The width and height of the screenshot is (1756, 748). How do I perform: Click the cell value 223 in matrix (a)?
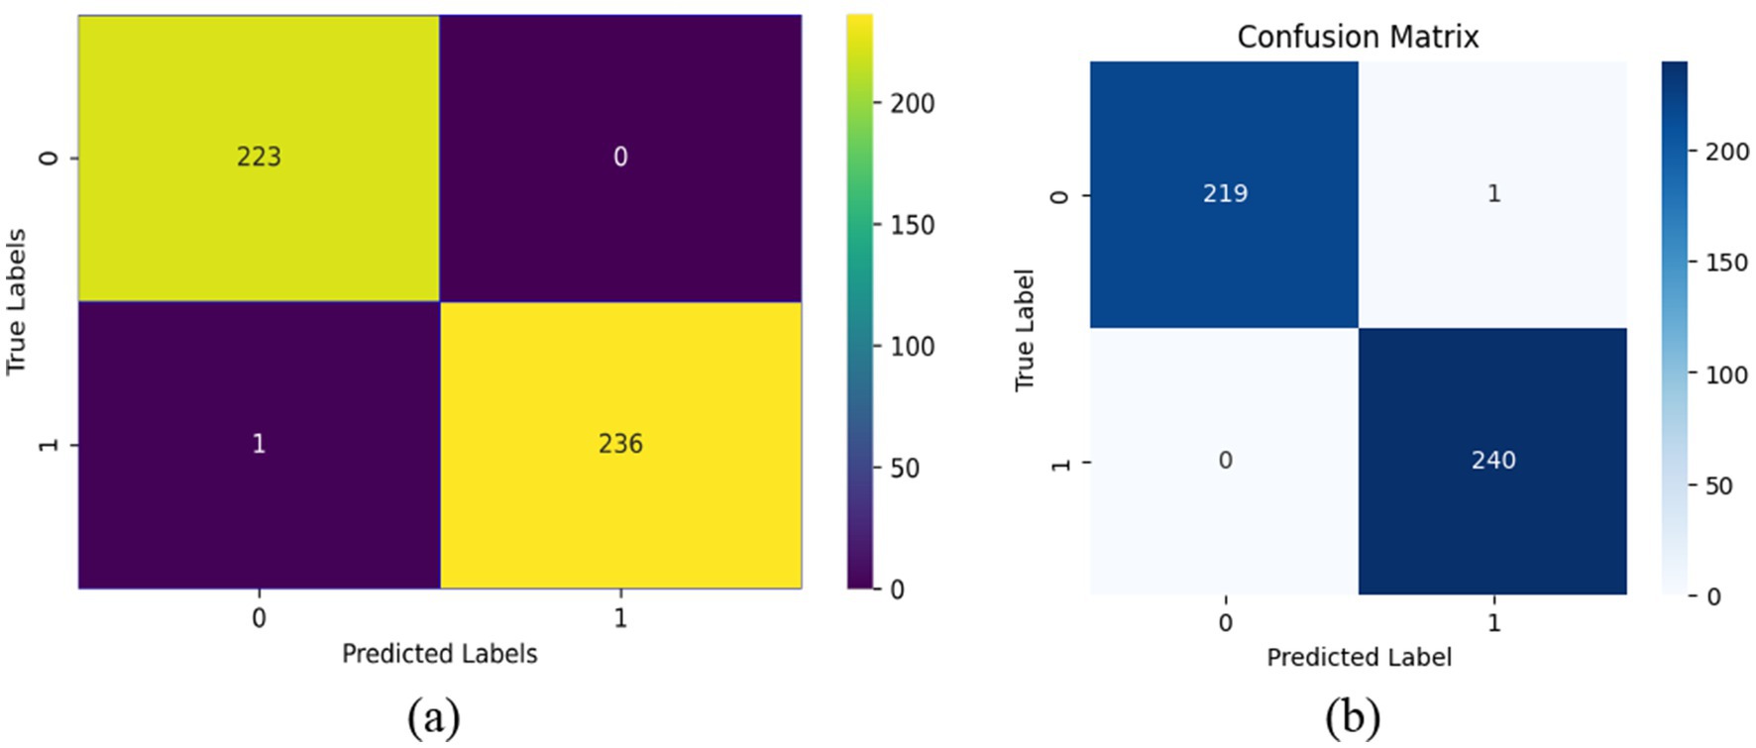pos(259,157)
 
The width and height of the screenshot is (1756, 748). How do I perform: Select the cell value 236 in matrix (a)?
pos(620,443)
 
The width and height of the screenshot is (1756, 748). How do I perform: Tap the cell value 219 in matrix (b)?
pos(1225,193)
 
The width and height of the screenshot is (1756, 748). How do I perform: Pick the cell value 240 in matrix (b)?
pos(1493,460)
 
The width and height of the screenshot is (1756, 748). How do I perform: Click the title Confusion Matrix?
pos(1358,37)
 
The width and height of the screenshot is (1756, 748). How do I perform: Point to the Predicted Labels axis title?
pos(439,654)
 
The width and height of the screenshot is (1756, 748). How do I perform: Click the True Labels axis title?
pos(16,301)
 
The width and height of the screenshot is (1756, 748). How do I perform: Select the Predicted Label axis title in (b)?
pos(1359,657)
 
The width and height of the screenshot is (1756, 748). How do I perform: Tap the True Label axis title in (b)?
pos(1025,329)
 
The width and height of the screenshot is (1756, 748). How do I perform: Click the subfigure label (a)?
pos(433,716)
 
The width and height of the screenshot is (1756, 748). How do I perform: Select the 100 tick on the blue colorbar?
pos(1725,374)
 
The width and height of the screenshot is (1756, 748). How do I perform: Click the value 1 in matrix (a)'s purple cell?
pos(259,443)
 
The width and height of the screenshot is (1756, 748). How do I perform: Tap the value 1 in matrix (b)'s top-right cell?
pos(1493,193)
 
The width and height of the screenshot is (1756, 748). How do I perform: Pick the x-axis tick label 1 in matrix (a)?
pos(620,618)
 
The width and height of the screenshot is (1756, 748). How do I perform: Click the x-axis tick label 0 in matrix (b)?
pos(1225,622)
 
